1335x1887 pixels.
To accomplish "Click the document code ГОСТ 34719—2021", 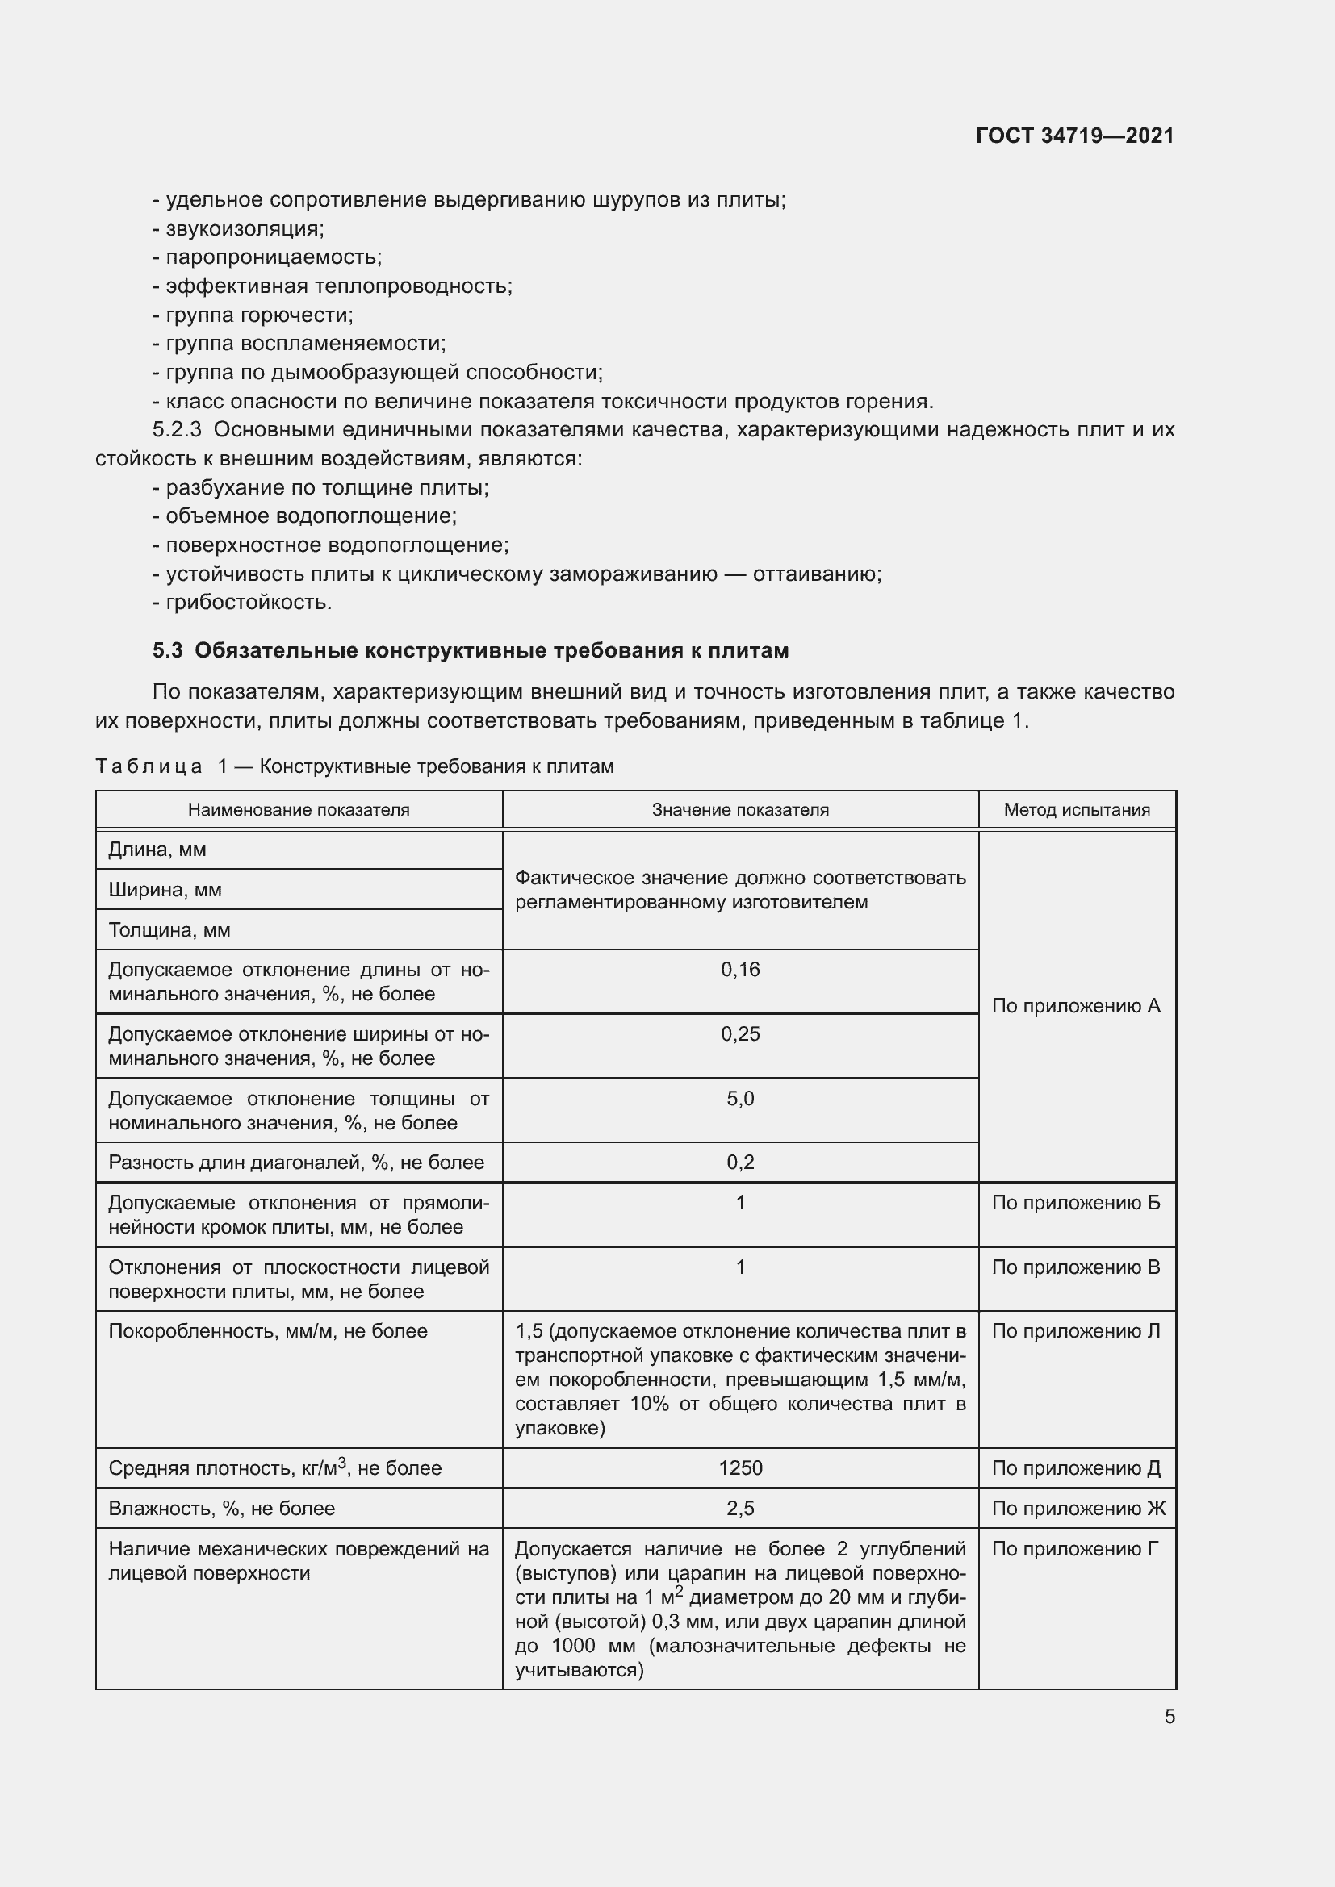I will (x=1074, y=136).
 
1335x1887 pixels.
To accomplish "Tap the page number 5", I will (x=1170, y=1716).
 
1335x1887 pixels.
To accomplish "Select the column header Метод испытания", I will (x=1077, y=809).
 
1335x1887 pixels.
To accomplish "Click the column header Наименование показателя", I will (x=299, y=809).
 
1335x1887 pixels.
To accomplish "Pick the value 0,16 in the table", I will (x=740, y=970).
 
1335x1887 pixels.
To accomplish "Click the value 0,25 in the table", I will (x=740, y=1034).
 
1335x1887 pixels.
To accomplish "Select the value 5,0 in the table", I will (x=740, y=1099).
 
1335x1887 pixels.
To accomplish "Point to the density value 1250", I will (x=740, y=1467).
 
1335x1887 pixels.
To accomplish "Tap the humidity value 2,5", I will (x=740, y=1508).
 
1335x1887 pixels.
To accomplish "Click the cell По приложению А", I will (x=1075, y=1006).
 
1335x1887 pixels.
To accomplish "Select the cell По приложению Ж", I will (x=1078, y=1508).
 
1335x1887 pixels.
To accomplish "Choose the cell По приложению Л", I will (x=1075, y=1330).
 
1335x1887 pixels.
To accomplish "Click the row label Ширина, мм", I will (x=165, y=890).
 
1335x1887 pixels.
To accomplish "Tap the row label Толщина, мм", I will (x=169, y=930).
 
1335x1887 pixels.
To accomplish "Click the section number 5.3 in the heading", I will (x=167, y=651).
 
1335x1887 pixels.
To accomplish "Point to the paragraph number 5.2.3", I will (x=177, y=430).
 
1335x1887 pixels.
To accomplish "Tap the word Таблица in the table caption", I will (x=149, y=766).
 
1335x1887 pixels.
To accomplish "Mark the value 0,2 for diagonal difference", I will (x=740, y=1162).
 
